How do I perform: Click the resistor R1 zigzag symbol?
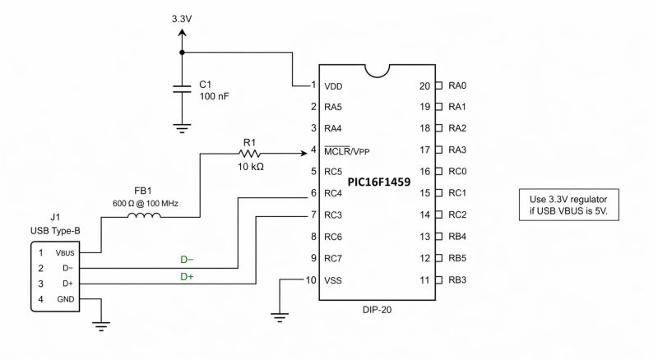tap(250, 153)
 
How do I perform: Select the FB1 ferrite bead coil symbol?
tap(143, 217)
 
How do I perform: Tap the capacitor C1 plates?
tap(183, 90)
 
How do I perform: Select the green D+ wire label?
tap(188, 276)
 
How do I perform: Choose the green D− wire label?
tap(188, 259)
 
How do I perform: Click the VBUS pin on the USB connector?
tap(64, 253)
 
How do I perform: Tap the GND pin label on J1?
tap(64, 298)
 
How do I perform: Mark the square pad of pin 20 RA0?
tap(439, 85)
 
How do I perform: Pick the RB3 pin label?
tap(457, 280)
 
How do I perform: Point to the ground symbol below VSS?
tap(280, 315)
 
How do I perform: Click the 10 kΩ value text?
tap(250, 167)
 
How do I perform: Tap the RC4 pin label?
tap(334, 194)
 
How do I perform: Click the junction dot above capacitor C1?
tap(183, 52)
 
